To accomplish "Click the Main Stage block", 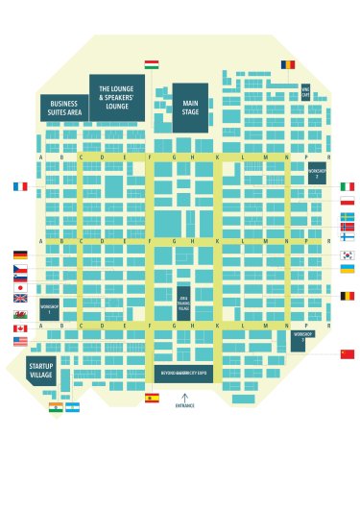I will pyautogui.click(x=190, y=108).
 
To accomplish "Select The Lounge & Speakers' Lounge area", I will pyautogui.click(x=117, y=98).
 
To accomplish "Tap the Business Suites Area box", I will pyautogui.click(x=64, y=108).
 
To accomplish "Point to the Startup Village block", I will pyautogui.click(x=41, y=370).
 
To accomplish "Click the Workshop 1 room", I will pyautogui.click(x=49, y=309).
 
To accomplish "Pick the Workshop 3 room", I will pyautogui.click(x=298, y=340).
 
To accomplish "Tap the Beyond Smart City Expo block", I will pyautogui.click(x=182, y=373).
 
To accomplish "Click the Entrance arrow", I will pyautogui.click(x=184, y=397).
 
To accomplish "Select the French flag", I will pyautogui.click(x=20, y=186).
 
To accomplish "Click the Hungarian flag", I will pyautogui.click(x=152, y=64).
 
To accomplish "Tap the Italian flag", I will pyautogui.click(x=347, y=186).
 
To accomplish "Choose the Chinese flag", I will pyautogui.click(x=347, y=354).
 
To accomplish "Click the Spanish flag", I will pyautogui.click(x=152, y=398).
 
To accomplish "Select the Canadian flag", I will pyautogui.click(x=20, y=328).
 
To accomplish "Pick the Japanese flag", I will pyautogui.click(x=20, y=287).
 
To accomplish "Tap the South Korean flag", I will pyautogui.click(x=347, y=255).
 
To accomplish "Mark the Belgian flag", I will pyautogui.click(x=347, y=296).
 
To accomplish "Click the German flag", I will pyautogui.click(x=20, y=255).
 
